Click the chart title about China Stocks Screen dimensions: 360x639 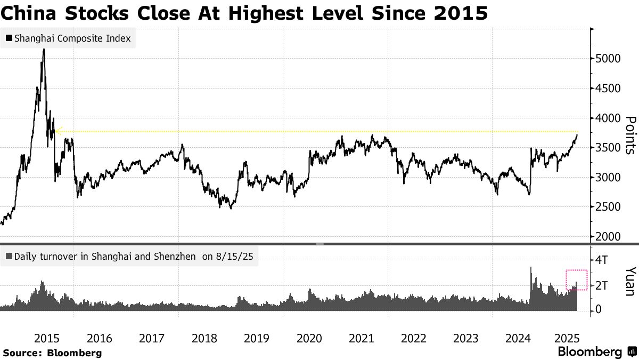point(244,13)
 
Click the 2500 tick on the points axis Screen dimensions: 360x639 point(608,207)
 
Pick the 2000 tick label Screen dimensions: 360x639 point(608,237)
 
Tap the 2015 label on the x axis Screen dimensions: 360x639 point(46,338)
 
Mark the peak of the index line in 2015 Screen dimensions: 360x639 point(43,49)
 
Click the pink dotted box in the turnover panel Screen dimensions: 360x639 point(576,280)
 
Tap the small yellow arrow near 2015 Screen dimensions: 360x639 point(58,130)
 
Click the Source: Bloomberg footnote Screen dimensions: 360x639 point(52,353)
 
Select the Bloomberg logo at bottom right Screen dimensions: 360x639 point(596,352)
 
